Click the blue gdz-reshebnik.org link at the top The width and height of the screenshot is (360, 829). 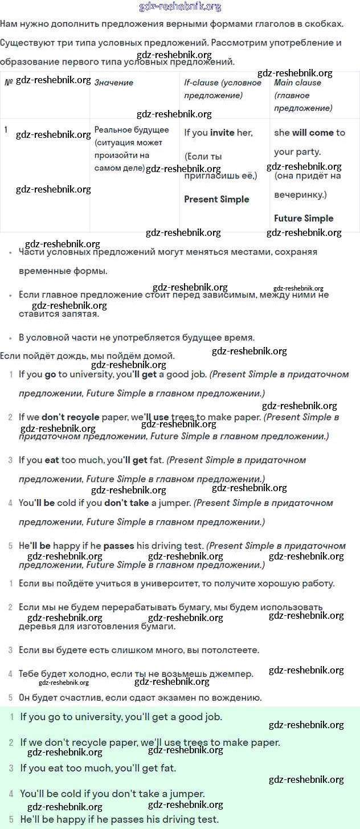pyautogui.click(x=180, y=7)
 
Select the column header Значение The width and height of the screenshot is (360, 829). pyautogui.click(x=114, y=83)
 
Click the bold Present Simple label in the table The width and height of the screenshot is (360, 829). pyautogui.click(x=216, y=199)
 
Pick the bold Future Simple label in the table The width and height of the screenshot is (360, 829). pyautogui.click(x=304, y=218)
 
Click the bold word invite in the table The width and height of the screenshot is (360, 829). pyautogui.click(x=222, y=133)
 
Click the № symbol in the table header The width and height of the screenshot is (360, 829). pyautogui.click(x=9, y=82)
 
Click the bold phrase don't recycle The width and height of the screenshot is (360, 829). pyautogui.click(x=70, y=417)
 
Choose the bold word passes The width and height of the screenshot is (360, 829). pyautogui.click(x=118, y=546)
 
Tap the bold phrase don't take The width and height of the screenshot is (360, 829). pyautogui.click(x=126, y=503)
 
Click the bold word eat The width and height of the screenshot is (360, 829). pyautogui.click(x=51, y=460)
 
